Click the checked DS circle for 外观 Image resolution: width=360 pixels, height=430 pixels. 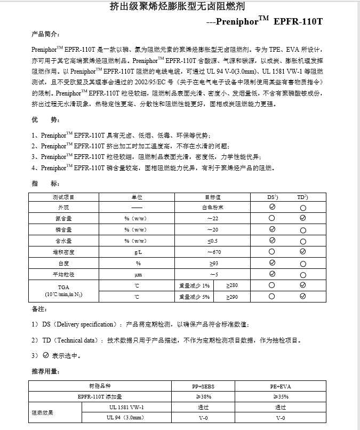(x=272, y=206)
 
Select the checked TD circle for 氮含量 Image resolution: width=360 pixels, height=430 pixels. (x=303, y=218)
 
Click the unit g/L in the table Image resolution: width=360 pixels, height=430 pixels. (x=137, y=251)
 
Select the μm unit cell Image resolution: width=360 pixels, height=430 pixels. (x=137, y=274)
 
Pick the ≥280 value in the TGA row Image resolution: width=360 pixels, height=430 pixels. (x=233, y=285)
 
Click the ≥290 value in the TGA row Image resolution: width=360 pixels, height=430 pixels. (x=233, y=297)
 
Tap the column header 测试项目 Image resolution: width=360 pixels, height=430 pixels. (x=67, y=196)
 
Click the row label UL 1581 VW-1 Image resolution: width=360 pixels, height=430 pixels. (x=126, y=407)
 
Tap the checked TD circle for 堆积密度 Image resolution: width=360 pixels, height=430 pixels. (x=303, y=251)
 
